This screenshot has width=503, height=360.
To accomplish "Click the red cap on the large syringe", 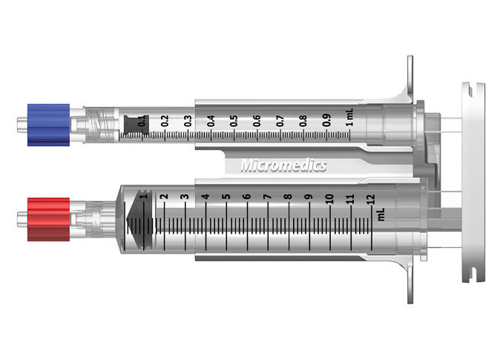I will tap(47, 218).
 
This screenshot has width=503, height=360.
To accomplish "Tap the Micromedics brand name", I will tap(283, 166).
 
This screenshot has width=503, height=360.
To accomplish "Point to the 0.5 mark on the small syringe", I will tap(234, 120).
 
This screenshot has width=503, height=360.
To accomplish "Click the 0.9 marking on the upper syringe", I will tap(326, 120).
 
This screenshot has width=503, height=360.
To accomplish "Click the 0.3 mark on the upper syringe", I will tap(188, 120).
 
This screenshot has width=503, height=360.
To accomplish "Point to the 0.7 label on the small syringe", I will tap(280, 120).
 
